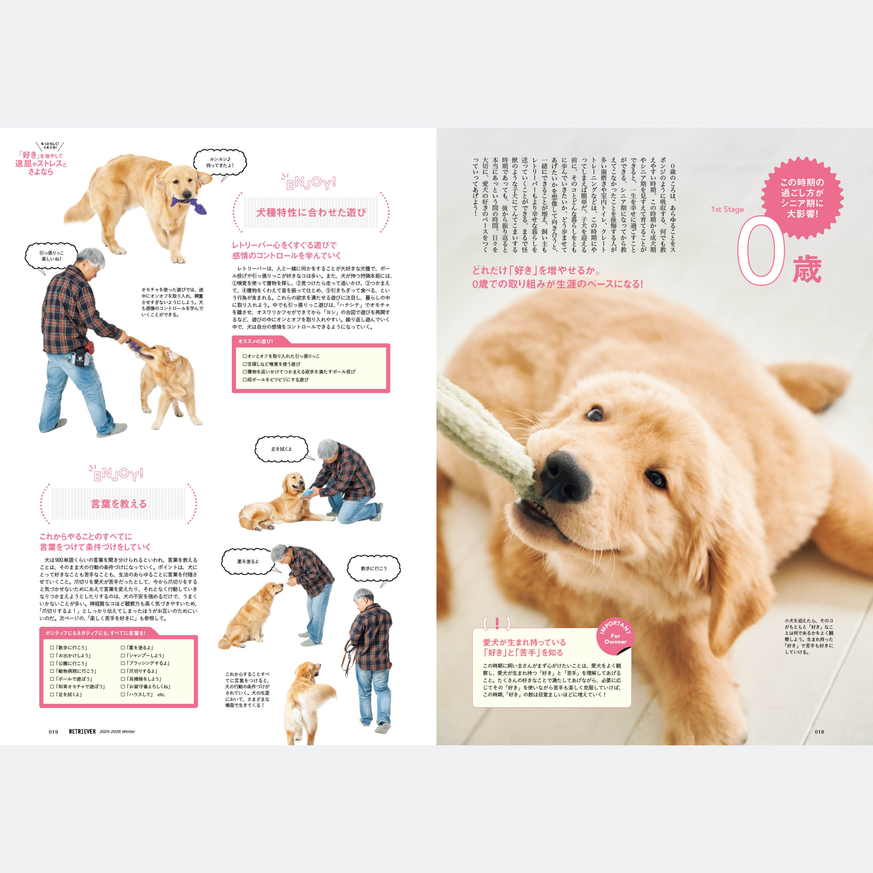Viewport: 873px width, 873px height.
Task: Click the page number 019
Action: (53, 731)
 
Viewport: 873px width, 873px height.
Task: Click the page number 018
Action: (819, 731)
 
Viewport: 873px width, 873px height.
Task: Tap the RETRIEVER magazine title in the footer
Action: (82, 731)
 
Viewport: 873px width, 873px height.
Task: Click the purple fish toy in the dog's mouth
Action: (189, 205)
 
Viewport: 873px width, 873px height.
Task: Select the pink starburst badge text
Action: (802, 198)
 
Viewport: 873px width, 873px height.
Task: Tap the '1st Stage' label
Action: (727, 209)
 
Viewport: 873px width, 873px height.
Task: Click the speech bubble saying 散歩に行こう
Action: (374, 568)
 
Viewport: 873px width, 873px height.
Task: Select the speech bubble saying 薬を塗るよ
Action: (248, 562)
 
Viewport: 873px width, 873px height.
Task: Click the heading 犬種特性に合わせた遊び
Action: (311, 212)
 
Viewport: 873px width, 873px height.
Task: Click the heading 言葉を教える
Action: (119, 504)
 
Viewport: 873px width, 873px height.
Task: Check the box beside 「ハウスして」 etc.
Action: (123, 695)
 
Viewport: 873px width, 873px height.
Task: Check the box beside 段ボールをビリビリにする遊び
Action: (245, 380)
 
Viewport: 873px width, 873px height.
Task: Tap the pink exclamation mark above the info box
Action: (497, 624)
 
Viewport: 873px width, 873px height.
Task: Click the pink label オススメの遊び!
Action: (255, 341)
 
